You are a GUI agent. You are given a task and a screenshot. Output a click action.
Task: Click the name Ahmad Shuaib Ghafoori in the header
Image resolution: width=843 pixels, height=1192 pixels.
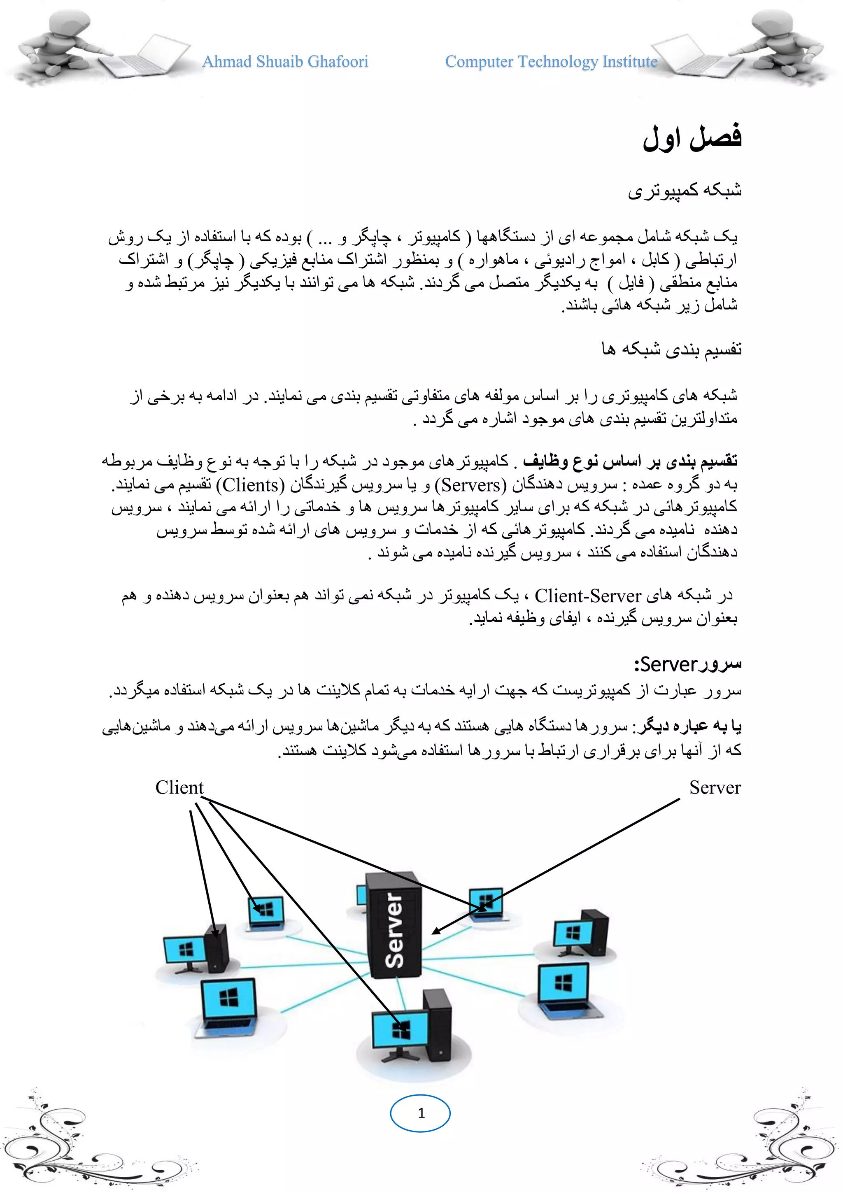[285, 62]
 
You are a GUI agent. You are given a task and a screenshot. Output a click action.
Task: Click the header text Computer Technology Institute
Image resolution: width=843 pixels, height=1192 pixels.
[551, 62]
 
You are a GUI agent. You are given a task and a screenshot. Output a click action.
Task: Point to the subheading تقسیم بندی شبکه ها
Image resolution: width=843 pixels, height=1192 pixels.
[672, 349]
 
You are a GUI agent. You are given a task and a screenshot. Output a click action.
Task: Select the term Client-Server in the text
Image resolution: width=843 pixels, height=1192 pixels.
[588, 596]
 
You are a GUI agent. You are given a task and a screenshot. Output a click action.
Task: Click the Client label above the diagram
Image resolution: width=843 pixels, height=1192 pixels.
[179, 787]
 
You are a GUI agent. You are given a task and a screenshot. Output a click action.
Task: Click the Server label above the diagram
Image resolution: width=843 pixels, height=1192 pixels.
[715, 787]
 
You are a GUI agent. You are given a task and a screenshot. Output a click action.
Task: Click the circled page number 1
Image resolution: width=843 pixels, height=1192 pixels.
[420, 1113]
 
